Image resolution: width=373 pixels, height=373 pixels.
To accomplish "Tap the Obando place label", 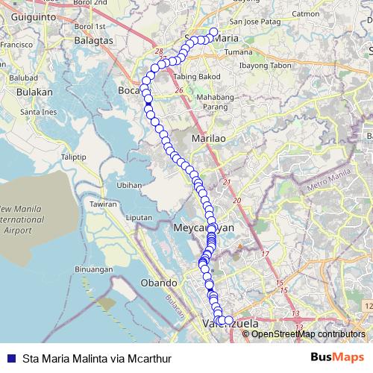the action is coord(159,283).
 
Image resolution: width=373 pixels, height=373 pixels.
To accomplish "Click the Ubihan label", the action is coord(129,185).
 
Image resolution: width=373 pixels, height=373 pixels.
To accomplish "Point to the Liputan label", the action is coord(140,217).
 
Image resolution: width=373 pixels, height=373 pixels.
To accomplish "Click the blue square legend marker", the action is coord(10,357).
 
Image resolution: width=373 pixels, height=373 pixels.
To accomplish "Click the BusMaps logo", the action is coord(336,357).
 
